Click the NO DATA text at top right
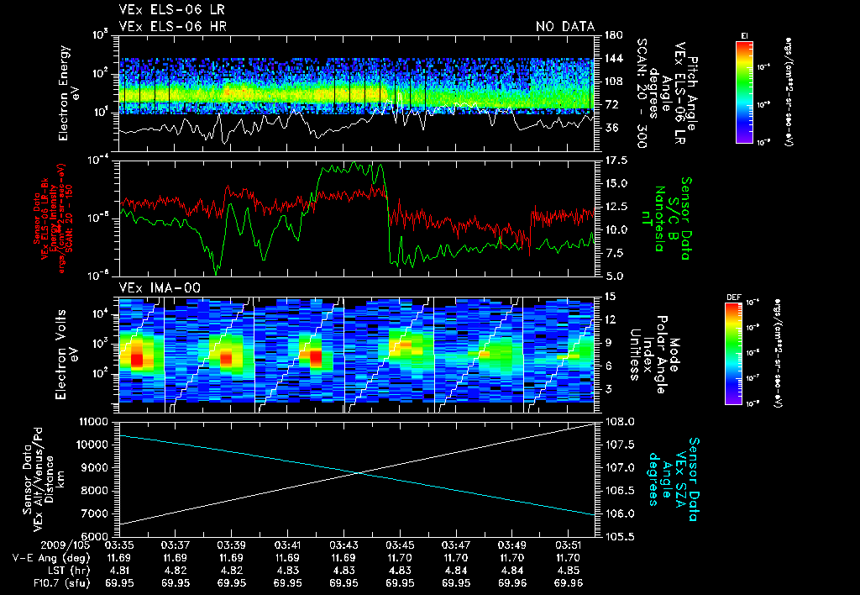(565, 26)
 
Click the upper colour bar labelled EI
(744, 90)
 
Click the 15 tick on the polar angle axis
(610, 296)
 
